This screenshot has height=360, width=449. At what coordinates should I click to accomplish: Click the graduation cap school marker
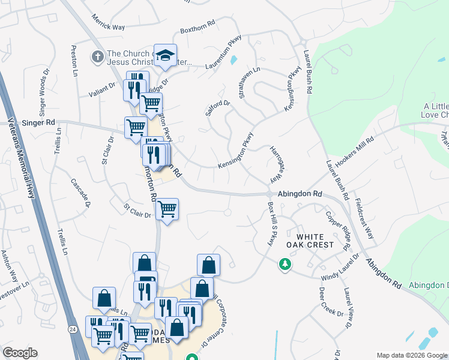(165, 56)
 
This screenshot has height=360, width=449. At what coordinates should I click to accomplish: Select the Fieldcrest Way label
(364, 218)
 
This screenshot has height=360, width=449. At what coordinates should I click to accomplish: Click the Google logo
(20, 353)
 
